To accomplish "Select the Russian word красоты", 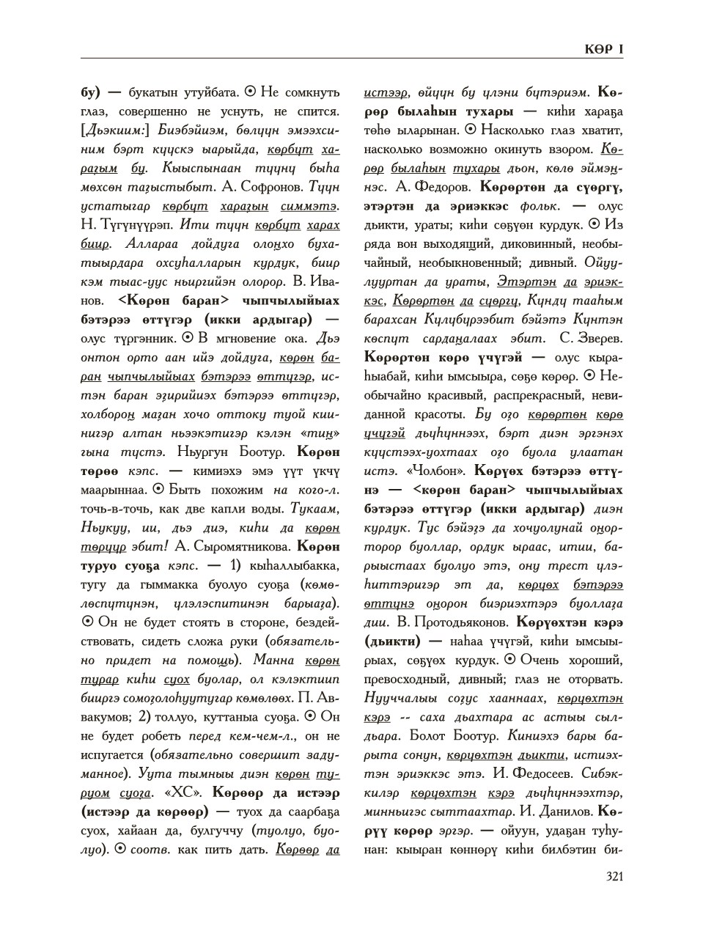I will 445,414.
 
